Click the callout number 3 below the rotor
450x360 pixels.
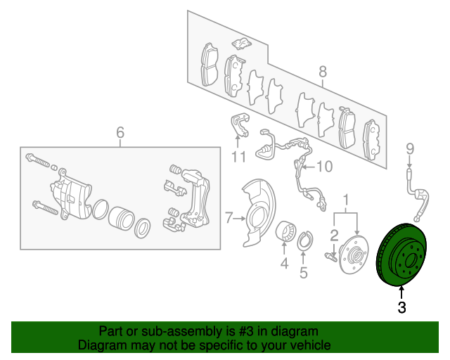401,307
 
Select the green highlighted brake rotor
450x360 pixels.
401,255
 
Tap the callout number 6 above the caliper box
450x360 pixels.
120,132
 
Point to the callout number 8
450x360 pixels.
323,71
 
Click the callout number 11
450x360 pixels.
238,157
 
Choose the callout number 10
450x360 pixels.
325,167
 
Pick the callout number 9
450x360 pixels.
410,149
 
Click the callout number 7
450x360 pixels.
229,218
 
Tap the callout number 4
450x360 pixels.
284,263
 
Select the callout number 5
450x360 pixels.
303,272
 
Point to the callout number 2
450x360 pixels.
335,236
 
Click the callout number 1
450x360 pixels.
346,200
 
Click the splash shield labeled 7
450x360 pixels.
258,213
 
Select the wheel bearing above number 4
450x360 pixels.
285,230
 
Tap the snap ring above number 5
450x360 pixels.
304,240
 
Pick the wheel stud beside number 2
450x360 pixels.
330,257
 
